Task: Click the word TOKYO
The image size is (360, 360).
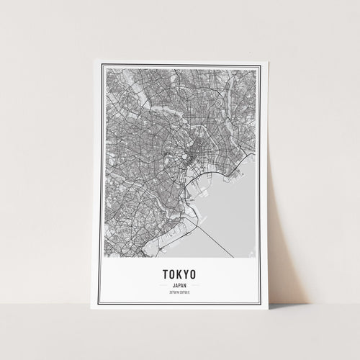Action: tap(179, 274)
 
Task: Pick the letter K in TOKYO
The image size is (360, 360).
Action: tap(178, 274)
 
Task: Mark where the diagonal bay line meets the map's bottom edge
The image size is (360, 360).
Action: tap(233, 256)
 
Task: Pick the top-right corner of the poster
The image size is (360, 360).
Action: tap(262, 61)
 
